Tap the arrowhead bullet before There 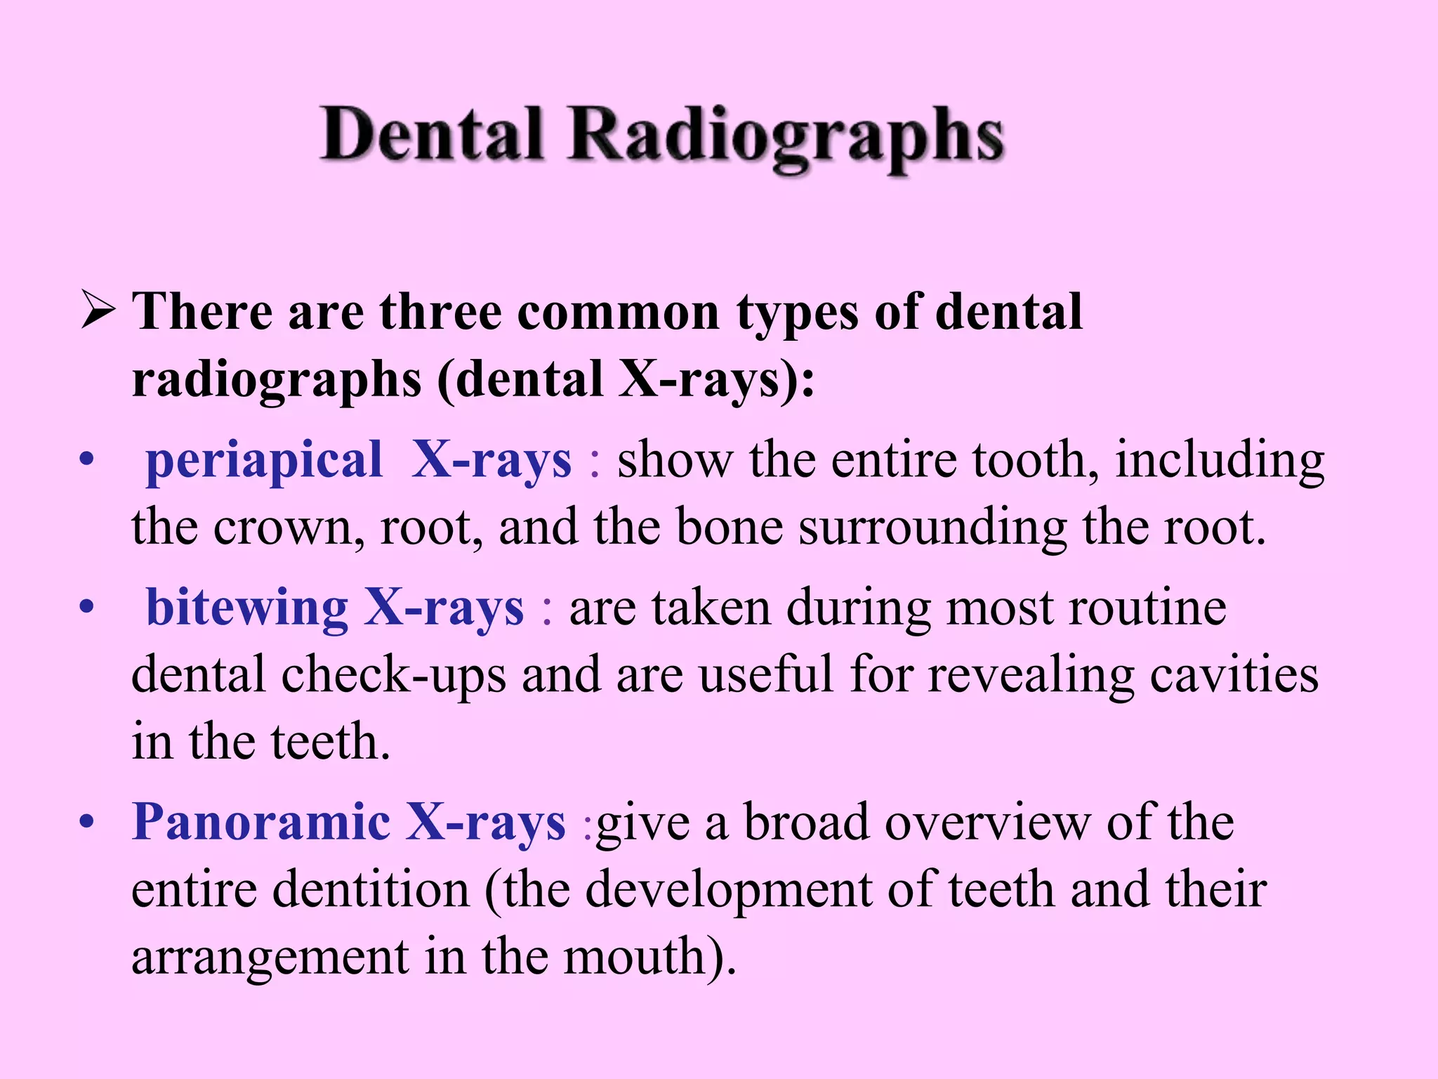tap(98, 310)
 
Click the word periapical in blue tap(264, 461)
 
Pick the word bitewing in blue tap(246, 608)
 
